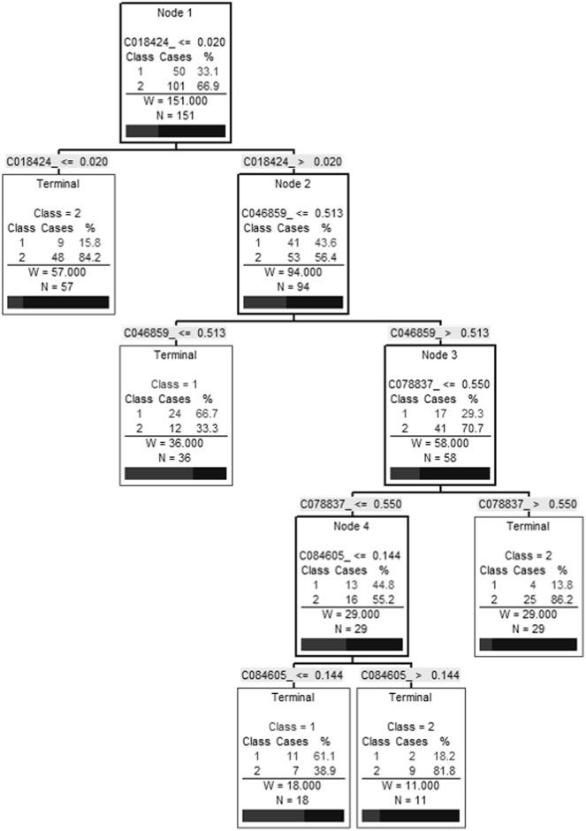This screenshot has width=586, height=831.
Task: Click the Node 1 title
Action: [176, 13]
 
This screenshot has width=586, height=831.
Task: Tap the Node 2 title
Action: [293, 185]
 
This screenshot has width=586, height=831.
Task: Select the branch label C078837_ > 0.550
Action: [528, 504]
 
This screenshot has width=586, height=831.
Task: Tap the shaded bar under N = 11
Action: [410, 815]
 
